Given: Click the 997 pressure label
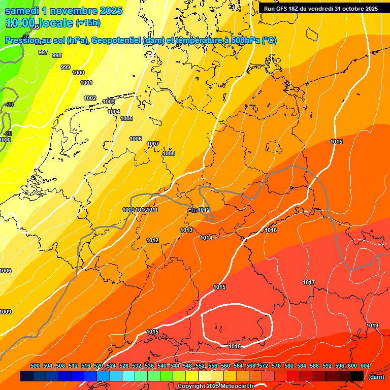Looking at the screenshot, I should click(43, 52).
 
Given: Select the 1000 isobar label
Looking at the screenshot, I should click(78, 73).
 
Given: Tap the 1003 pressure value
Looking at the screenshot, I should click(109, 102).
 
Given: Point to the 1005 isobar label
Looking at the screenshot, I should click(126, 118).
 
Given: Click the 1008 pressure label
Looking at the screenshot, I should click(169, 153).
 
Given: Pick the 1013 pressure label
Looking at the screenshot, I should click(186, 230).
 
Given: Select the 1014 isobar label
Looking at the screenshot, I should click(206, 238).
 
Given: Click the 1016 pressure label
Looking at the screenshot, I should click(271, 230).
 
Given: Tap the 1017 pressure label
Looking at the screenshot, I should click(309, 282).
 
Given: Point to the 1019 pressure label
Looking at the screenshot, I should click(372, 326).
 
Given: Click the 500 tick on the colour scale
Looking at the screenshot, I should click(35, 366).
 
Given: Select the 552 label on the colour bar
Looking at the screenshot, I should click(200, 366).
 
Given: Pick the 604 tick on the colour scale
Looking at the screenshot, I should click(365, 366).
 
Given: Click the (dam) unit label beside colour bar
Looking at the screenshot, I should click(376, 377).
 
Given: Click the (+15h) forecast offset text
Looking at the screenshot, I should click(88, 23).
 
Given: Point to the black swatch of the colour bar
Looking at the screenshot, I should click(357, 376).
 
